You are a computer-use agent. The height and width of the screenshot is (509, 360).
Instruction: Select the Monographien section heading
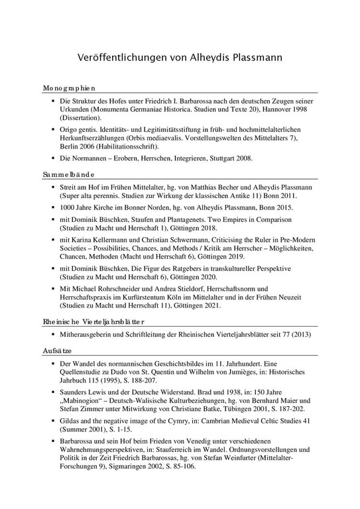70,87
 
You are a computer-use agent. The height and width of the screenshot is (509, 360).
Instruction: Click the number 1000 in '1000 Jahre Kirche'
68,208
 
